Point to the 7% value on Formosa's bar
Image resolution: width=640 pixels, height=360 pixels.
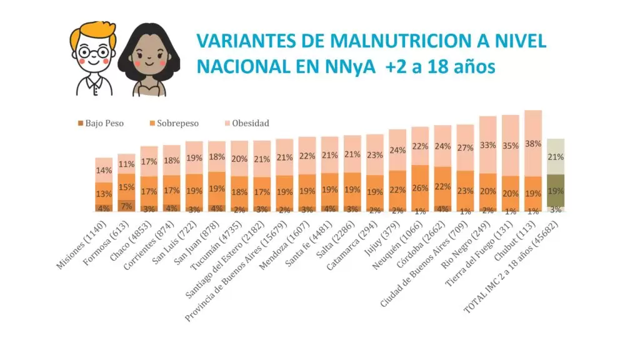point(126,206)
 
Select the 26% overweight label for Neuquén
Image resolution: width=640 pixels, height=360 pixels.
point(420,187)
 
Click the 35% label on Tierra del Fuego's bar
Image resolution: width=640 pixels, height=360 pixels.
point(511,145)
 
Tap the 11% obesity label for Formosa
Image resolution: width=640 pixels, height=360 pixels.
point(126,164)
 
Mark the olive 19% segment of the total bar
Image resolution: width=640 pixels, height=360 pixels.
point(556,191)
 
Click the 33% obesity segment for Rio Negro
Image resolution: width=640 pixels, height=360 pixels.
point(488,144)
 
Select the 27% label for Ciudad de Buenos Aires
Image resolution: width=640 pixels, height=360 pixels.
point(465,148)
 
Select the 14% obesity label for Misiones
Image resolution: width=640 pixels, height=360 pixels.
point(104,170)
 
